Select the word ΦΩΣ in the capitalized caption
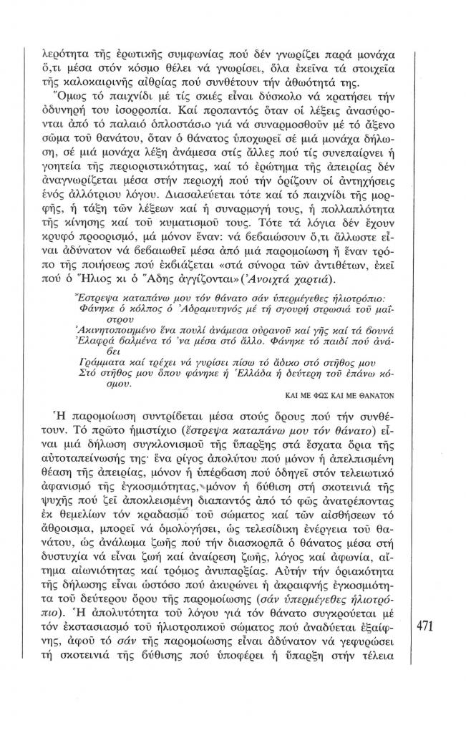point(319,393)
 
